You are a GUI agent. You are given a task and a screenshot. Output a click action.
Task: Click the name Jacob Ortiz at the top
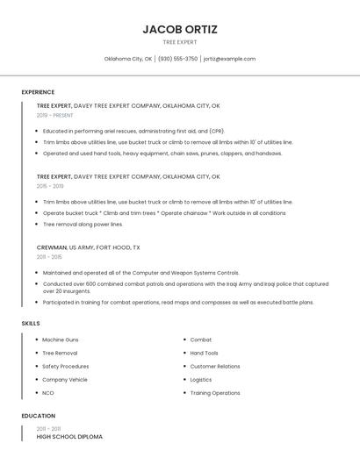180,29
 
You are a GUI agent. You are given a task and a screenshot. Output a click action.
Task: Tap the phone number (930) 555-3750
177,59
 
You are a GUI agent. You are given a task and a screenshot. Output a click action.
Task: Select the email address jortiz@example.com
229,59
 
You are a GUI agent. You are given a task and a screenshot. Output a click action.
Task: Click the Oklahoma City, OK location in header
128,59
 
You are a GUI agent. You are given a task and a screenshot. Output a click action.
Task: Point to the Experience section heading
38,92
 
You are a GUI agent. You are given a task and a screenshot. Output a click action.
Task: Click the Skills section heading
31,324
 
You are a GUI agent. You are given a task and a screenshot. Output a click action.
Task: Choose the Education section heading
38,416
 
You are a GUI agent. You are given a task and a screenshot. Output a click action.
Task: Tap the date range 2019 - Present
54,115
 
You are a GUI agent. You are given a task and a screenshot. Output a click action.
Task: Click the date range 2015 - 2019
50,186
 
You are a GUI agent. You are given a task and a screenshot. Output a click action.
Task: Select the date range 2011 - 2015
49,257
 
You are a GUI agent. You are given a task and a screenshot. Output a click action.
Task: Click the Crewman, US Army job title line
88,248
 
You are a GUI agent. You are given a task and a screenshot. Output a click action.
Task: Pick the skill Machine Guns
60,340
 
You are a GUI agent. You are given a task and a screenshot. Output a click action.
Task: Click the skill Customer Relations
215,366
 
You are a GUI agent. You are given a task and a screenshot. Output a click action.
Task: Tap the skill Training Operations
215,393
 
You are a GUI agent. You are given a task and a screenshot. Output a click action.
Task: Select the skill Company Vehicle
65,380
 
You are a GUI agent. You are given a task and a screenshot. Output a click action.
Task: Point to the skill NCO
48,393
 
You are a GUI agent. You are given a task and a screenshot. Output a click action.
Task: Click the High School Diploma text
69,436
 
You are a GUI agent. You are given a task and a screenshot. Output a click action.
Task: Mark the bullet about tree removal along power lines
83,224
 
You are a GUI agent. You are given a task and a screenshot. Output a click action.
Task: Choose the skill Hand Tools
205,353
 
